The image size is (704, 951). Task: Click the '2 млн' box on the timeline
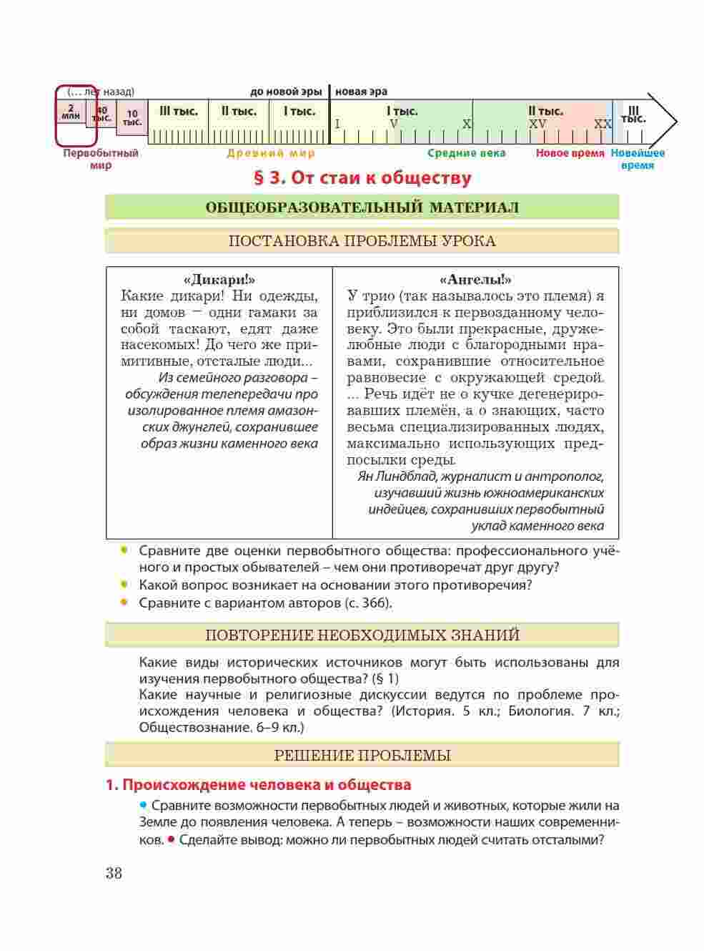[x=71, y=111]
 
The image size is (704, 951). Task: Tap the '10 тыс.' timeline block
[x=132, y=117]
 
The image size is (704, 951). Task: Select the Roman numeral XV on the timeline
[x=537, y=124]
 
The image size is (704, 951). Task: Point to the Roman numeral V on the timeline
[x=393, y=124]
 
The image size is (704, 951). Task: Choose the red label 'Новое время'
[x=570, y=153]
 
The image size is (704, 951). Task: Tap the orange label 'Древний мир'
[x=271, y=153]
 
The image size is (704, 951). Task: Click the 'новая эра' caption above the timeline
[x=361, y=92]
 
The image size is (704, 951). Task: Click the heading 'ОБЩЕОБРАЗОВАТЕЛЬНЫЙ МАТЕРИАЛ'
[x=362, y=208]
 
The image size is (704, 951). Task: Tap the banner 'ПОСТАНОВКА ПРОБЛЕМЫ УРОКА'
[x=362, y=241]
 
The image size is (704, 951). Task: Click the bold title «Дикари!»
[x=219, y=280]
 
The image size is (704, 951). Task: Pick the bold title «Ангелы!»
[x=475, y=280]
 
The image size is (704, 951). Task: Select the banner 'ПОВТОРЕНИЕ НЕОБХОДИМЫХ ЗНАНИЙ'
[x=362, y=635]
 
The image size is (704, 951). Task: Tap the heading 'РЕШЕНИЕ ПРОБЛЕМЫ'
[x=362, y=756]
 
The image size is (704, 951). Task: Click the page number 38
[x=114, y=874]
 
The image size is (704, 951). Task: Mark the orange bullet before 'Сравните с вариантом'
[x=124, y=603]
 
